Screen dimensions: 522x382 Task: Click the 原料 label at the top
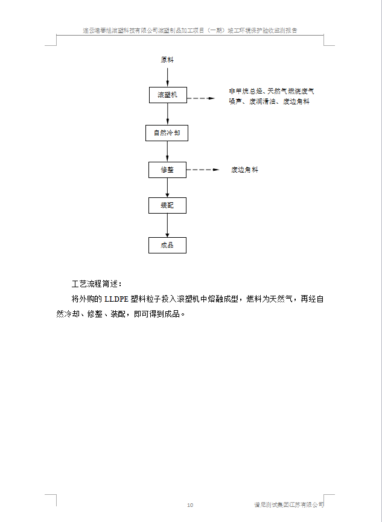167,60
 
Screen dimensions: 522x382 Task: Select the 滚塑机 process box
167,95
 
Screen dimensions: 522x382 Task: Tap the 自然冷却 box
167,133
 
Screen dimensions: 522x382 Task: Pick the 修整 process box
167,170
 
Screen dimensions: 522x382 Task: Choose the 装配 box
167,206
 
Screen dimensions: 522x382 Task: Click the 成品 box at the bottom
167,245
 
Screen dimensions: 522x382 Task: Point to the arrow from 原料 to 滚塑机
167,76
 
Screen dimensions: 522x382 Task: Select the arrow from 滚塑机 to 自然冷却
167,113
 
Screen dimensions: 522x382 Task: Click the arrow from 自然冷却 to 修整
167,151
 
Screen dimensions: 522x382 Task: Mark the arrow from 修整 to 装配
167,188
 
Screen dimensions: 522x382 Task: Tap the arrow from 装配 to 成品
167,226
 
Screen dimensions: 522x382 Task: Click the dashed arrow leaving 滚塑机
202,97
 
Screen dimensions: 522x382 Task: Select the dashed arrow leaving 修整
202,170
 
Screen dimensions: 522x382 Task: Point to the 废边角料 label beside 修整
244,170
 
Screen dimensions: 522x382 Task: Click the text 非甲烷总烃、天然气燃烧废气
271,91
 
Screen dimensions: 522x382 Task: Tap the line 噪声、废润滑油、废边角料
269,102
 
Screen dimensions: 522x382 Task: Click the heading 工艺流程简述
97,283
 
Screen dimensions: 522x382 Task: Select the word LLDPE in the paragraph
117,299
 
